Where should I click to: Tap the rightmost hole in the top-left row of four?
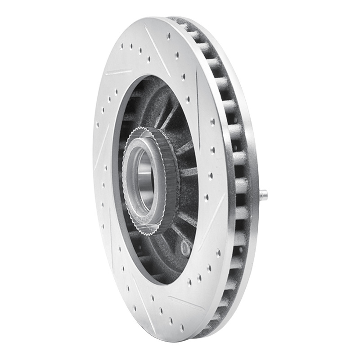[148, 58]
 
